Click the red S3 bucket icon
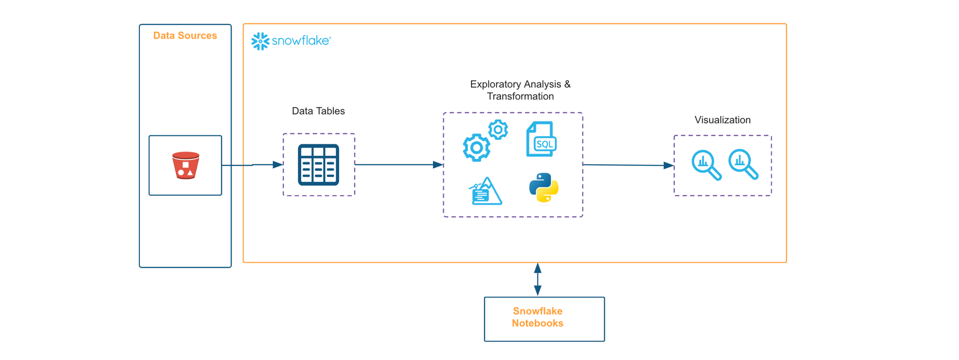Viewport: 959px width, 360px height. [x=185, y=165]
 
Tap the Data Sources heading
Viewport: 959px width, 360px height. [x=185, y=35]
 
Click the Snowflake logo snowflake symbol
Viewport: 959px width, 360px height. [x=260, y=41]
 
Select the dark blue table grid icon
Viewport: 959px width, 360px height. [x=319, y=165]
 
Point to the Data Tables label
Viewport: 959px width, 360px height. [x=318, y=111]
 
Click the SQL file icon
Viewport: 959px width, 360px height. [x=541, y=139]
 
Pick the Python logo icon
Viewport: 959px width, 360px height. [x=543, y=188]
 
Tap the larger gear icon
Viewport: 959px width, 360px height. [x=477, y=147]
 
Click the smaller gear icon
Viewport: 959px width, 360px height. [x=498, y=130]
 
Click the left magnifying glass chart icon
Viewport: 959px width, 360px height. [x=706, y=165]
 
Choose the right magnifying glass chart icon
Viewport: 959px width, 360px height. [x=743, y=164]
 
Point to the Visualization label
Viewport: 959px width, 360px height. [x=722, y=120]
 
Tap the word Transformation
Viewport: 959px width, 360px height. [x=520, y=96]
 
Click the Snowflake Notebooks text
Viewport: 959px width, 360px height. [x=537, y=317]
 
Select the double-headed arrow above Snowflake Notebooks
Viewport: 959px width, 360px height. [x=537, y=280]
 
